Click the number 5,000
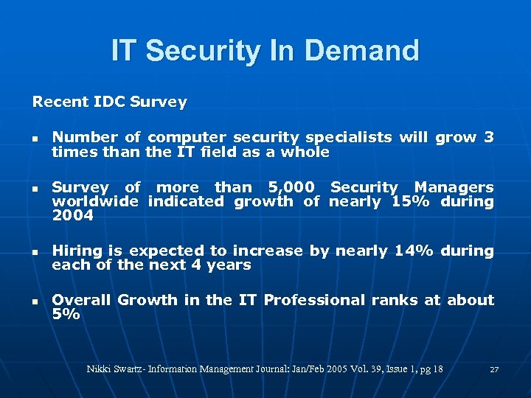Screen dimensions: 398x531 (285, 187)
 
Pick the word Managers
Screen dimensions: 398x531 (454, 187)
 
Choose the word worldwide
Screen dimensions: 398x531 (94, 201)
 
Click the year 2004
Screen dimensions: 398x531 (72, 215)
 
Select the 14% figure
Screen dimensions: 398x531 (414, 251)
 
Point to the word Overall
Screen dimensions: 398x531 (81, 300)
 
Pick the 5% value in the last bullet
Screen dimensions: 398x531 (66, 314)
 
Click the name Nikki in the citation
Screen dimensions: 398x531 (100, 369)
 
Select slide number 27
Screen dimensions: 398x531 (494, 369)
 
